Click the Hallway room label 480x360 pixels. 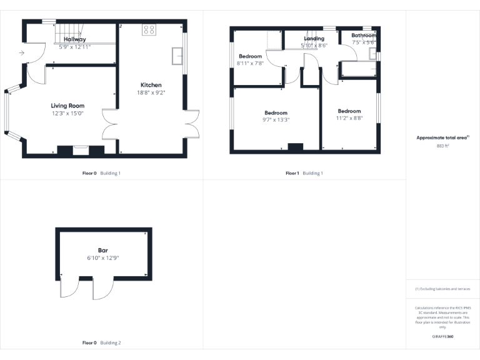point(75,39)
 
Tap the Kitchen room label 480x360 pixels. point(151,85)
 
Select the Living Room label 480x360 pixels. point(67,106)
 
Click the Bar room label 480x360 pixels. point(102,250)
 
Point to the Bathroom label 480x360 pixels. point(364,36)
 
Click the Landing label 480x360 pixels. point(314,39)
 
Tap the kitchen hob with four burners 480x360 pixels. point(149,29)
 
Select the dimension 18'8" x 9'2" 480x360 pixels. point(152,92)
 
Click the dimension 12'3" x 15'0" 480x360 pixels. point(67,113)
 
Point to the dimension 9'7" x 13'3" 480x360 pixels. point(276,119)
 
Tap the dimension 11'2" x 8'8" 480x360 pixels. point(349,117)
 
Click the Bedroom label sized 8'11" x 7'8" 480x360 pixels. point(251,56)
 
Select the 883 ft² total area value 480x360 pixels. point(442,146)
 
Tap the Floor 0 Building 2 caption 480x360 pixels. point(102,342)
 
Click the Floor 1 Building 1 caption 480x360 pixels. point(304,173)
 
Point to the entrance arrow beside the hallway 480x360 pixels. point(22,54)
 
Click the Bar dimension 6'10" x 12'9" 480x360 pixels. point(102,257)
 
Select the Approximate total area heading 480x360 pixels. point(442,137)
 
